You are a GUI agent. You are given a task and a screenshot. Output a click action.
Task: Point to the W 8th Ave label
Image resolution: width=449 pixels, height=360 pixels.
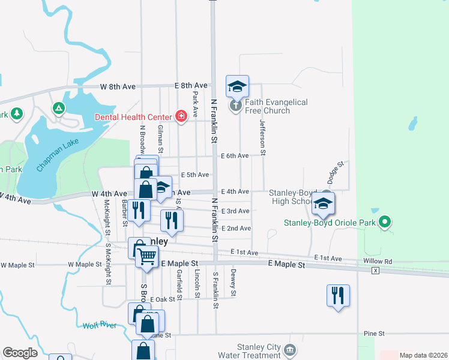pos(118,86)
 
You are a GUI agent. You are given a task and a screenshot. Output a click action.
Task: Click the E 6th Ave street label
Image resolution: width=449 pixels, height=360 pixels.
pos(235,156)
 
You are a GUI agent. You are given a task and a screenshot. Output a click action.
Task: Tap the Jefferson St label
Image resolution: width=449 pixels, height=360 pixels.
pos(262,133)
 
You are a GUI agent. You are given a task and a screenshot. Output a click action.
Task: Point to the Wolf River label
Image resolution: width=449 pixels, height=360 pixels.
pos(99,326)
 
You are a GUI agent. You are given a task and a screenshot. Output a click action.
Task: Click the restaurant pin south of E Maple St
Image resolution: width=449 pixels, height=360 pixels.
pos(338,295)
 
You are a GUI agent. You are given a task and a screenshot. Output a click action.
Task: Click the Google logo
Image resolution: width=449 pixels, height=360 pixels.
pos(20,353)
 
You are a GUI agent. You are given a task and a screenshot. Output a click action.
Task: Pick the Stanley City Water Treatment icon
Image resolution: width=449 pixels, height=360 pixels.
pos(291,349)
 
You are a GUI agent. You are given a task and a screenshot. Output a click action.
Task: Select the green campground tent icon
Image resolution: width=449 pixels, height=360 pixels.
pos(59,108)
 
